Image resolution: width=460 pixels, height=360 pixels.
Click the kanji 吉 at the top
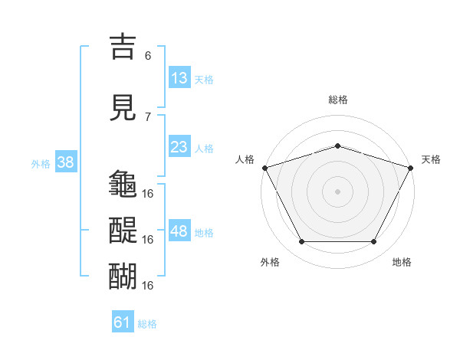click(123, 46)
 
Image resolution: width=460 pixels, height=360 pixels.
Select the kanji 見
click(123, 107)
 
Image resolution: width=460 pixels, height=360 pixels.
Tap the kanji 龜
click(123, 183)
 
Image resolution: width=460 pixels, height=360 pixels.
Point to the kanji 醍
click(123, 230)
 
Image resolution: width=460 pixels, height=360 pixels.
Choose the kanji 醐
click(123, 276)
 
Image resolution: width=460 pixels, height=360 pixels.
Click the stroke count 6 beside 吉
click(148, 56)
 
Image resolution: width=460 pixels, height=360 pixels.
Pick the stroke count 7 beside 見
click(148, 117)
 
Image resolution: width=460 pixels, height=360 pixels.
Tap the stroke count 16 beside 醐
click(147, 285)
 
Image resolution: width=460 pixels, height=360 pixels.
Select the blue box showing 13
click(179, 77)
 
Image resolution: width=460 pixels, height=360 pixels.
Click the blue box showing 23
click(179, 146)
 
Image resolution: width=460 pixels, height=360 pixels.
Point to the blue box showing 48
click(179, 230)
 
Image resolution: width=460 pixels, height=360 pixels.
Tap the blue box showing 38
click(66, 162)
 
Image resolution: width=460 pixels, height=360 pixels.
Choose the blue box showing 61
click(123, 321)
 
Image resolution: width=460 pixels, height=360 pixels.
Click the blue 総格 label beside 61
click(147, 324)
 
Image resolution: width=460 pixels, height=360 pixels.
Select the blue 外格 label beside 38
click(41, 164)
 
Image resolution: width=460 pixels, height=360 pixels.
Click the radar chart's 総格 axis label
click(338, 100)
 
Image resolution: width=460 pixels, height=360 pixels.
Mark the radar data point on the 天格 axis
click(411, 168)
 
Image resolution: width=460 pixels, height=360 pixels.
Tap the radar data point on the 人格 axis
click(265, 168)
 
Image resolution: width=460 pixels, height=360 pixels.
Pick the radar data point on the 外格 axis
click(302, 241)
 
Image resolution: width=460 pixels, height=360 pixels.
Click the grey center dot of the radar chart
click(337, 191)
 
